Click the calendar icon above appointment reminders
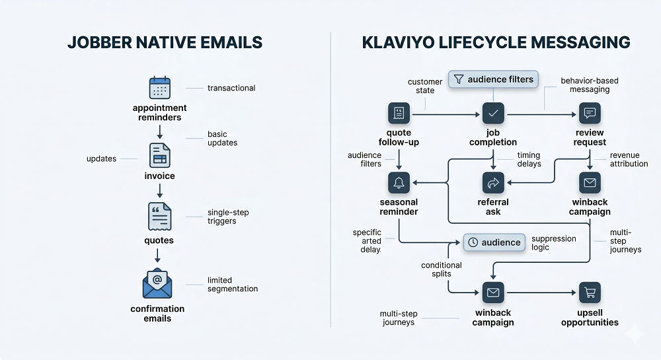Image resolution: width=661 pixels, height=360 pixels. click(x=160, y=88)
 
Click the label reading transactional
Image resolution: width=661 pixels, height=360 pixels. click(x=231, y=88)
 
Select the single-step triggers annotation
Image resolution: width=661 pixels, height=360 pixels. click(x=227, y=217)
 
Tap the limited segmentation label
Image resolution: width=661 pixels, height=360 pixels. click(x=231, y=285)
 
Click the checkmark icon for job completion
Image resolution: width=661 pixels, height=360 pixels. click(x=493, y=114)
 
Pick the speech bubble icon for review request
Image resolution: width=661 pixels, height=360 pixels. click(x=590, y=114)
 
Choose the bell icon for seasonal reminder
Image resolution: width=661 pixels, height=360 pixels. click(x=399, y=182)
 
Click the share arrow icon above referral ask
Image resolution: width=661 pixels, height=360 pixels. click(x=493, y=182)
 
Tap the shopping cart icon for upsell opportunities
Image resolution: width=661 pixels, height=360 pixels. click(x=590, y=291)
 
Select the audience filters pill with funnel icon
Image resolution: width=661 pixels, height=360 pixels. click(x=493, y=80)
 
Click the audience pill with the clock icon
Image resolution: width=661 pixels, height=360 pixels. click(x=494, y=242)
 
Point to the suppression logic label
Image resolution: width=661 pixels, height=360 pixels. click(x=553, y=242)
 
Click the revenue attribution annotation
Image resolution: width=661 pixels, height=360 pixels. click(x=629, y=159)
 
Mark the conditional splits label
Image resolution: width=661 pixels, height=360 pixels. click(x=442, y=270)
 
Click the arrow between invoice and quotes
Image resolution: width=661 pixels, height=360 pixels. click(x=160, y=190)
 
